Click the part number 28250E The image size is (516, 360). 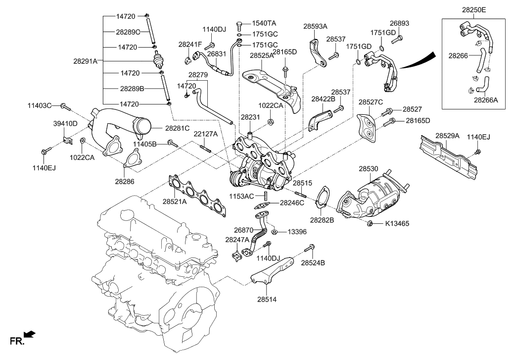[x=474, y=9]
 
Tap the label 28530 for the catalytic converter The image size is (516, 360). [x=369, y=169]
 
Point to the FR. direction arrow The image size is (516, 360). [x=30, y=335]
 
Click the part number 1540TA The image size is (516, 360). [x=265, y=23]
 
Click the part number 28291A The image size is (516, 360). [x=85, y=61]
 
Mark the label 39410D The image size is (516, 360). [x=65, y=123]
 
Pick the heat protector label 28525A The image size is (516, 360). [x=261, y=56]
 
